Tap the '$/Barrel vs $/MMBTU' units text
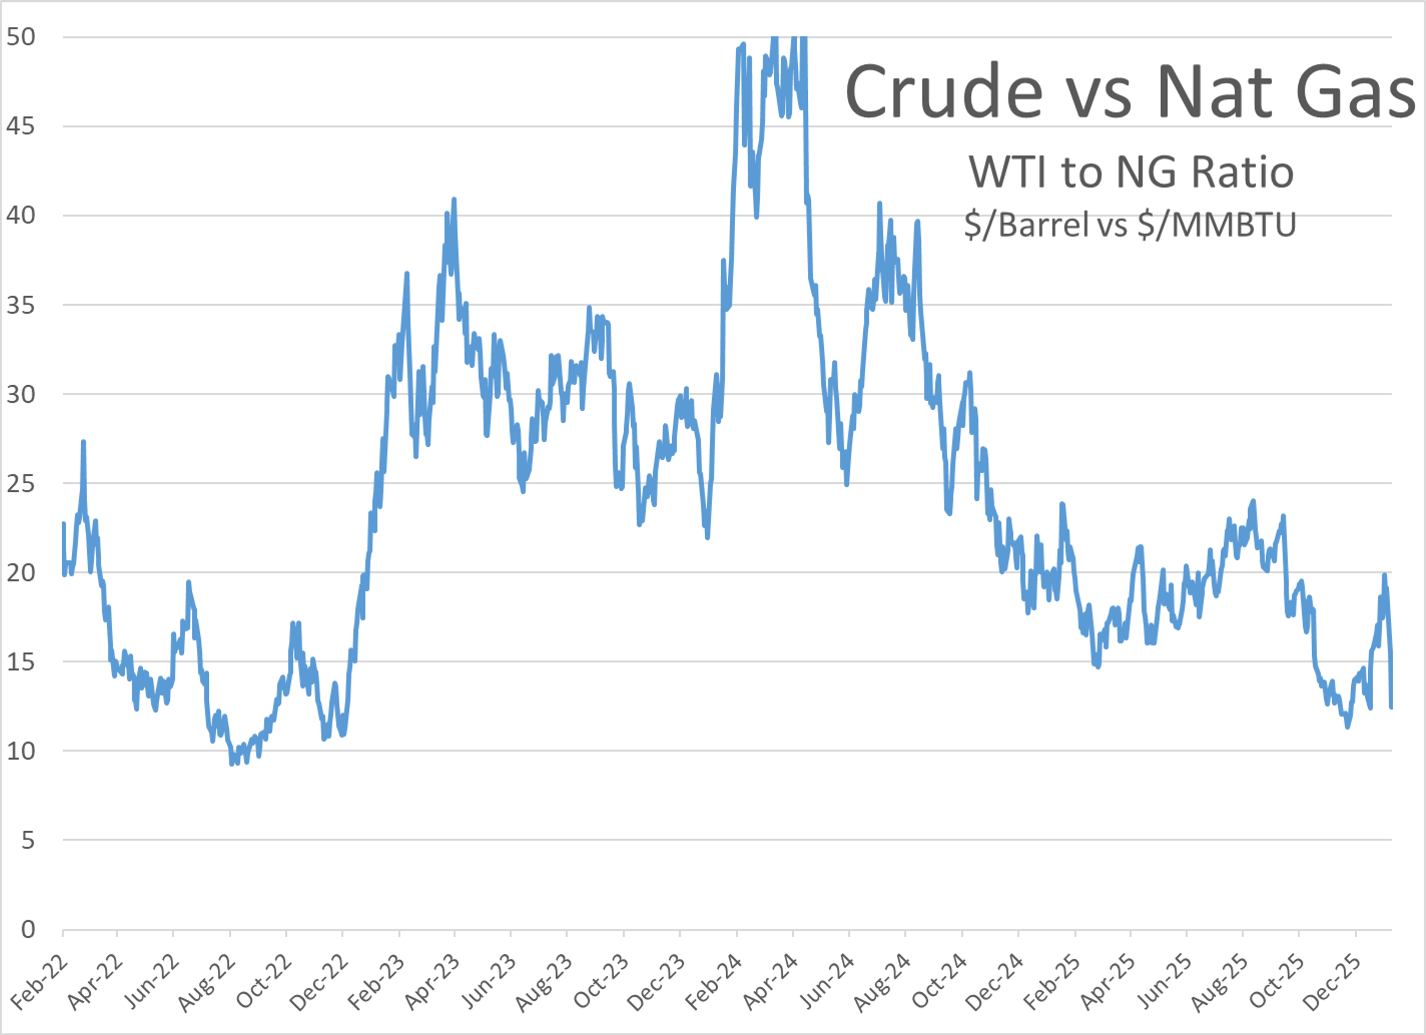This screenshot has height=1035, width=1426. (x=1130, y=225)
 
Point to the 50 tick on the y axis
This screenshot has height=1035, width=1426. (x=21, y=37)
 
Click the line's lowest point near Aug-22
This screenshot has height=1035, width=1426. (x=232, y=763)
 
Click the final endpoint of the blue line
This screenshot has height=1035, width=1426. (x=1391, y=707)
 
